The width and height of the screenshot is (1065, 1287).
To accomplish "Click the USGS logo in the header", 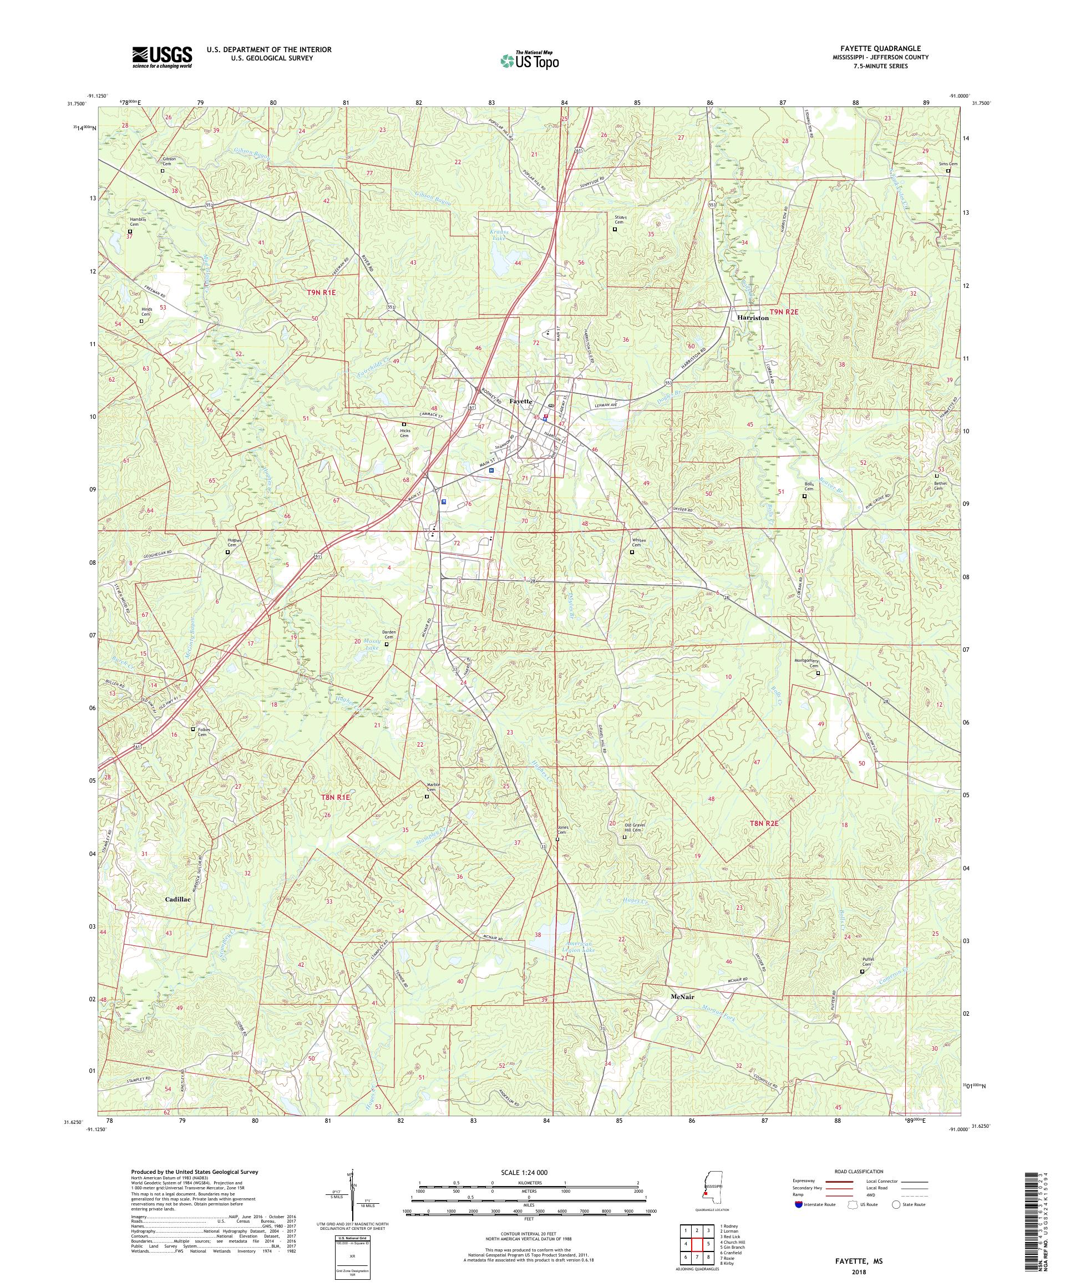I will tap(162, 57).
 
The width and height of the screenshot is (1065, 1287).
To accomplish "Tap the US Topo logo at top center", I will tap(529, 59).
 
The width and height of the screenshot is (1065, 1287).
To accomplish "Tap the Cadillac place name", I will tap(177, 899).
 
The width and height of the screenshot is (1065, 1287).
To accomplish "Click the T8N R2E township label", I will tap(763, 824).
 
